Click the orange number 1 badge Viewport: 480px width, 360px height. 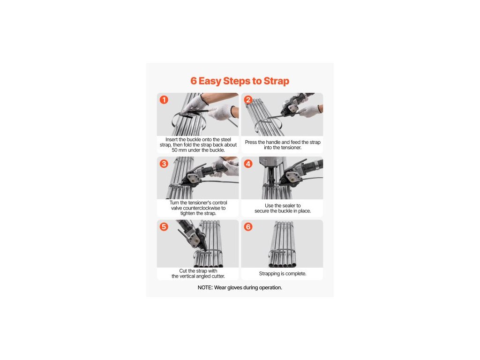pyautogui.click(x=164, y=100)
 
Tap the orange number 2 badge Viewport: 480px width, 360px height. pyautogui.click(x=248, y=100)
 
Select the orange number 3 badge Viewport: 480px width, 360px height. pyautogui.click(x=164, y=164)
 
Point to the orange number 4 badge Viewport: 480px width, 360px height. pyautogui.click(x=248, y=164)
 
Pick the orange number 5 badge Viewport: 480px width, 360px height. pyautogui.click(x=164, y=227)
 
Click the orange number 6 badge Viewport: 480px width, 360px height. pyautogui.click(x=248, y=227)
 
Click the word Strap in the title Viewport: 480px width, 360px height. pyautogui.click(x=277, y=81)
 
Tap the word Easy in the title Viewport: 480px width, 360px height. pyautogui.click(x=210, y=81)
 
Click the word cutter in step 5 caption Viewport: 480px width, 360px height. pyautogui.click(x=218, y=276)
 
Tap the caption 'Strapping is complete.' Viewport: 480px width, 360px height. pyautogui.click(x=283, y=274)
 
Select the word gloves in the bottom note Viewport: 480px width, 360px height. pyautogui.click(x=235, y=288)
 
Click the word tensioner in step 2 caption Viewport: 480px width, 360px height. pyautogui.click(x=291, y=148)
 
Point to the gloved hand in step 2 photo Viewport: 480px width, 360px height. pyautogui.click(x=309, y=111)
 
